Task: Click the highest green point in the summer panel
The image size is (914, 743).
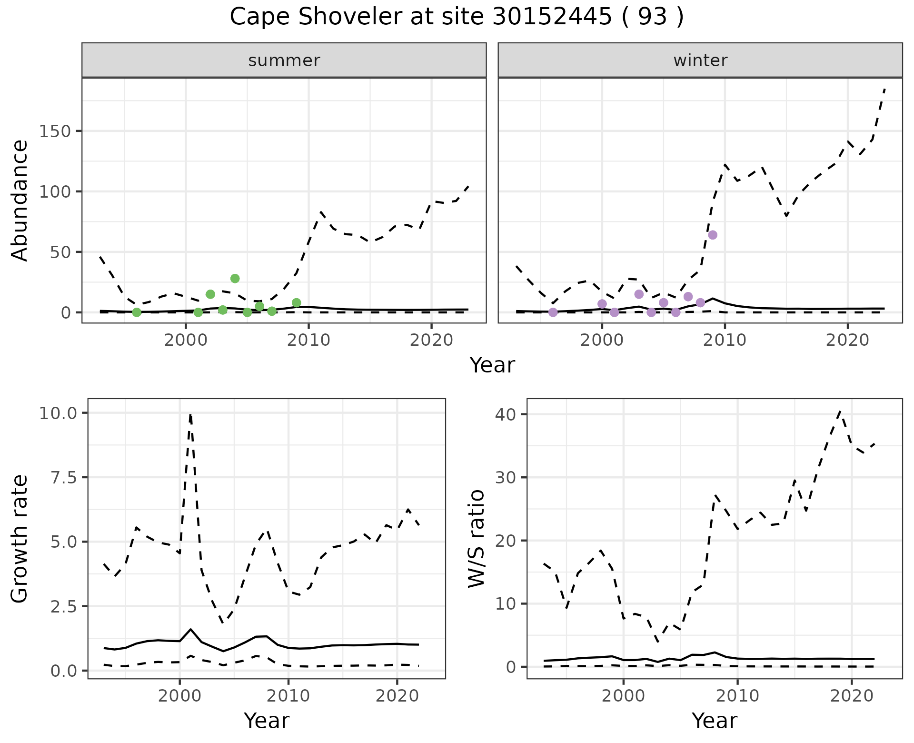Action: click(235, 278)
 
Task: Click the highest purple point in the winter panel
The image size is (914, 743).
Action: click(712, 235)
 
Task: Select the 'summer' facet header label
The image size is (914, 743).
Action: click(284, 60)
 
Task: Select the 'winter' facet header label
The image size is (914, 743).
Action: click(700, 60)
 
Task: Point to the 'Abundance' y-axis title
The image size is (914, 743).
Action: click(20, 200)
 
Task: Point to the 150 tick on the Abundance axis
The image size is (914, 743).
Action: click(54, 131)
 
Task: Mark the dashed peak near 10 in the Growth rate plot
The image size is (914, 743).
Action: click(190, 415)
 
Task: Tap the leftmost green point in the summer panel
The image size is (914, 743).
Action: click(137, 312)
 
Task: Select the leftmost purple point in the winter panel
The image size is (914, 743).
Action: click(553, 312)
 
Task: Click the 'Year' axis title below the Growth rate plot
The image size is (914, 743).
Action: click(266, 721)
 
